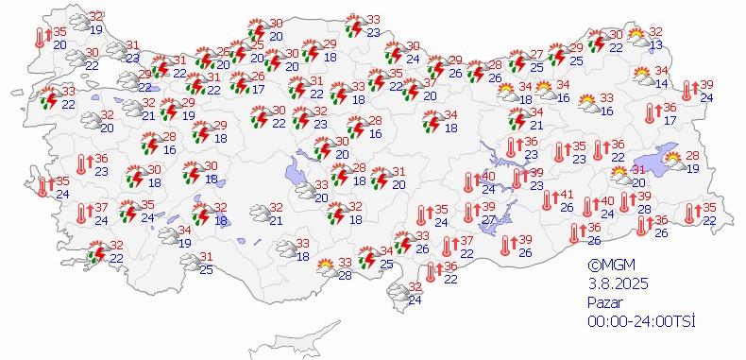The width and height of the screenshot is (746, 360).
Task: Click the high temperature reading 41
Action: [567, 194]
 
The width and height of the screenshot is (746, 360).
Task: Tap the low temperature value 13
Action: [655, 45]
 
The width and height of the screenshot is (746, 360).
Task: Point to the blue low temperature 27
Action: [489, 220]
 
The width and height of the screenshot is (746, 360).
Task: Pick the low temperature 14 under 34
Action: [661, 84]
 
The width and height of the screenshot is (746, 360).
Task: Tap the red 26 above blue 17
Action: [258, 77]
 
